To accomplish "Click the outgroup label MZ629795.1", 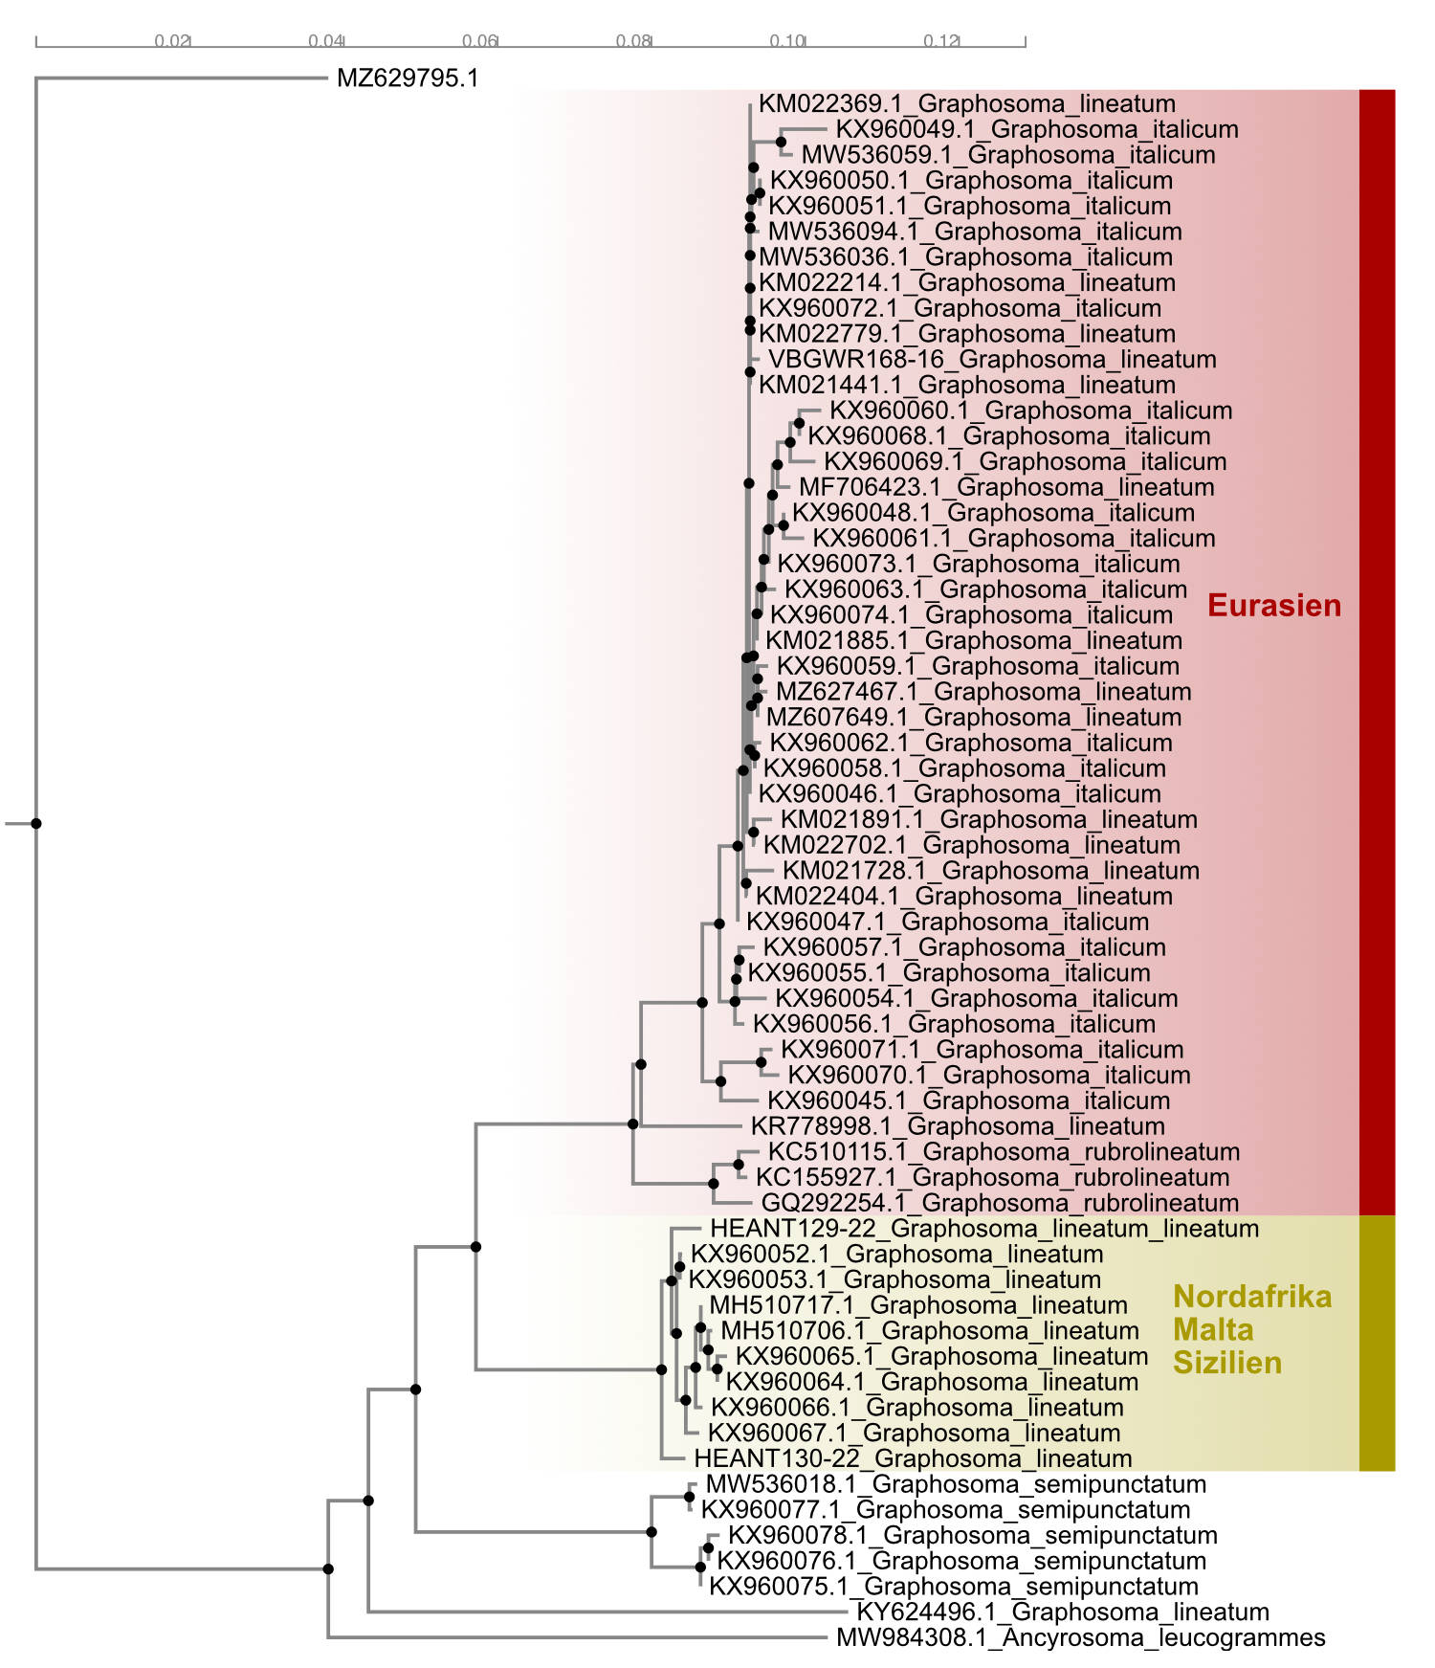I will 407,78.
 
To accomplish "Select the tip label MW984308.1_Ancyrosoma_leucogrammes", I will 1080,1637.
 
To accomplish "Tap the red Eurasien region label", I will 1273,605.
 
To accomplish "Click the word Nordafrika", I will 1251,1296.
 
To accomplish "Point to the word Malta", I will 1212,1329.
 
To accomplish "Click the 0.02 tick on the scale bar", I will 172,41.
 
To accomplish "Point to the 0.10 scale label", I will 787,41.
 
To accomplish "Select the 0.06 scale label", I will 479,41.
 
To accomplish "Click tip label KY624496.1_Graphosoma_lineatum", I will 1062,1612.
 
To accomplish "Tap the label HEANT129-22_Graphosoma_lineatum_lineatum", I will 983,1228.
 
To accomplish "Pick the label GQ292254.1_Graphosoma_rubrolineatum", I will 999,1203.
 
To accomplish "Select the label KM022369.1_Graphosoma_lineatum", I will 966,103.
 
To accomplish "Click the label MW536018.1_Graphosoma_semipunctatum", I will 955,1484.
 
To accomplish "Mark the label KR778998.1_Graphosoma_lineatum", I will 957,1126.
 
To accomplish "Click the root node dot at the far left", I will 36,823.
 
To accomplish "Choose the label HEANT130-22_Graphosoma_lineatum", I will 912,1458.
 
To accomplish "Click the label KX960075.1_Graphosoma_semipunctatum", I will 952,1586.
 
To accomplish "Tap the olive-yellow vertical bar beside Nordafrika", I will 1377,1342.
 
